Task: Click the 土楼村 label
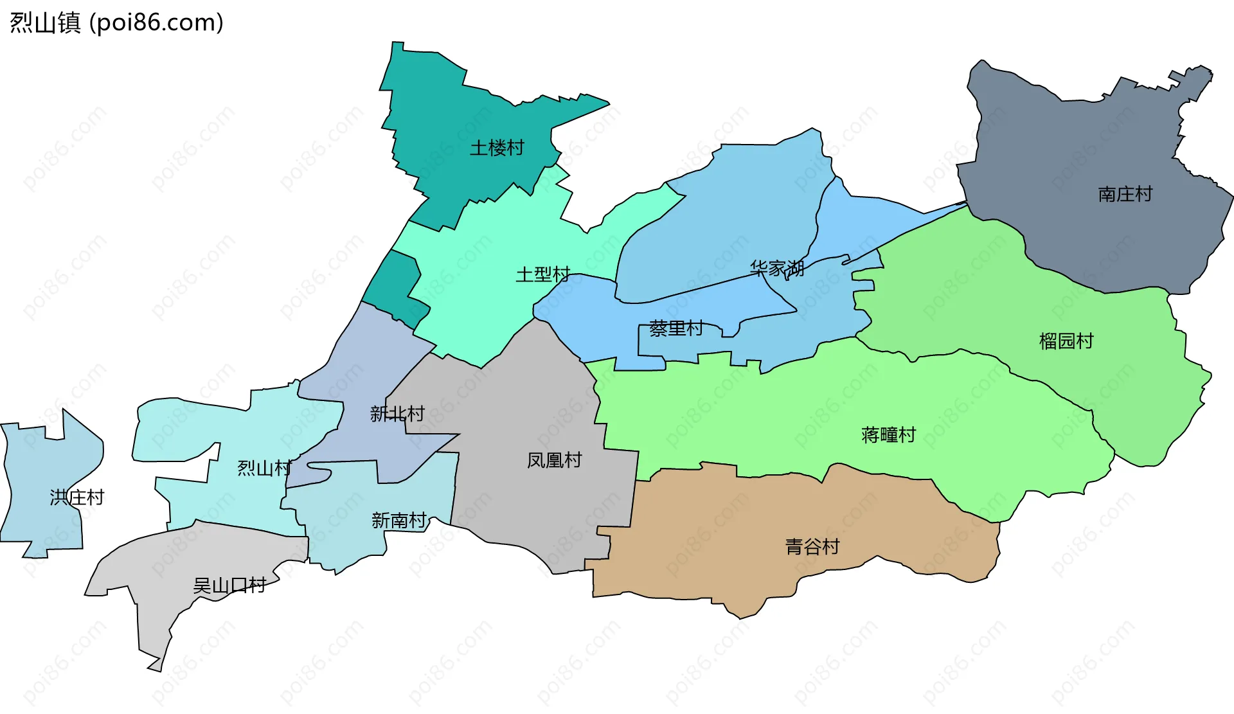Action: [x=497, y=148]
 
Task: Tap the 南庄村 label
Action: [x=1125, y=194]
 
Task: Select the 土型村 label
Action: [x=542, y=275]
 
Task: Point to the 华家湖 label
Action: [x=777, y=268]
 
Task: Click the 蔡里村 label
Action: [x=675, y=328]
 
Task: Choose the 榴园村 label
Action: [x=1066, y=341]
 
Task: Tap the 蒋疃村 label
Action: [x=888, y=435]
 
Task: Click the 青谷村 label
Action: [x=812, y=547]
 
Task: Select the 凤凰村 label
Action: [x=554, y=460]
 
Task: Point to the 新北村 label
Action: [x=397, y=414]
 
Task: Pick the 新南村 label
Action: [x=398, y=520]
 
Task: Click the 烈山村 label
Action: [x=264, y=468]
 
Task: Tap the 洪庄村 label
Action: [x=76, y=497]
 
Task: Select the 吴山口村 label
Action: [x=229, y=585]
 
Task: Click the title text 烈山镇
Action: [x=45, y=23]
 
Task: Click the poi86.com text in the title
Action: [x=156, y=23]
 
